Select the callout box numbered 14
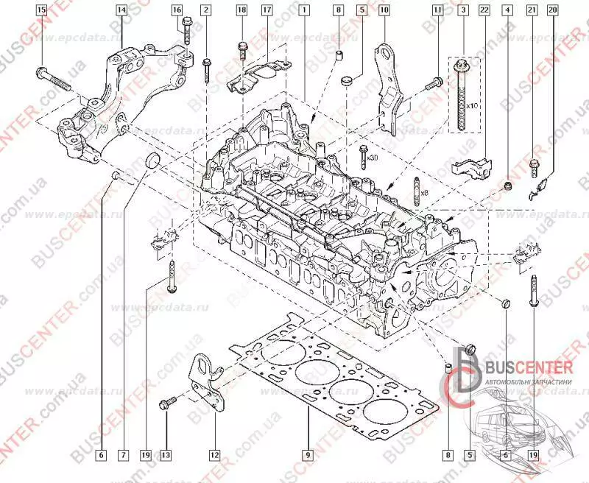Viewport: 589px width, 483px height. pos(121,10)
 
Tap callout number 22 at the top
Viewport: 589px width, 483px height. pos(484,10)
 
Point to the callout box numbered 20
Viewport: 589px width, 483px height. pos(553,10)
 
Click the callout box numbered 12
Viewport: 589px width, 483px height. pos(214,455)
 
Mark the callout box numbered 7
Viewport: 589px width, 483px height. pos(121,455)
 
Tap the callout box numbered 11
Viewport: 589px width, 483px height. pos(438,10)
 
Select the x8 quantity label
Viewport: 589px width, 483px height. pos(423,192)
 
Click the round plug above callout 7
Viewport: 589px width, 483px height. pos(153,161)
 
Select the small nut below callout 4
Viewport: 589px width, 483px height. pos(507,183)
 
